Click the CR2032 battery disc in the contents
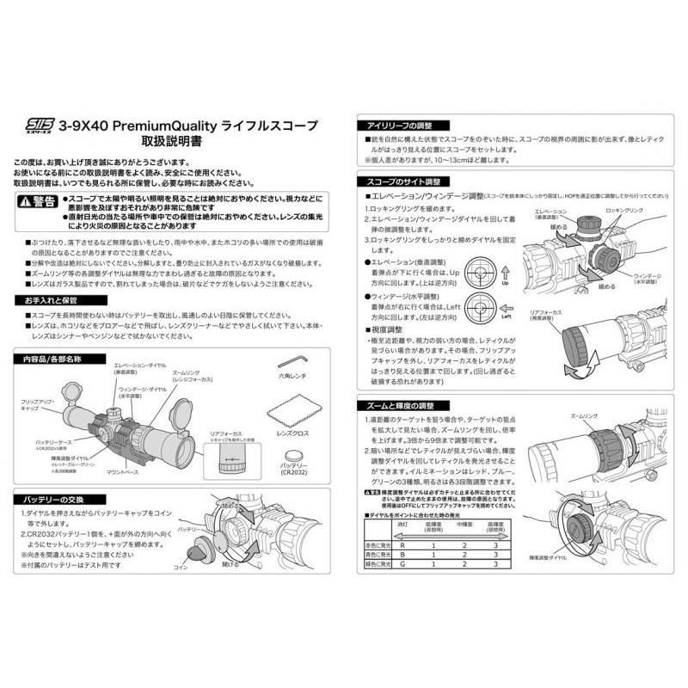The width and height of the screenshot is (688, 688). pyautogui.click(x=296, y=452)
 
